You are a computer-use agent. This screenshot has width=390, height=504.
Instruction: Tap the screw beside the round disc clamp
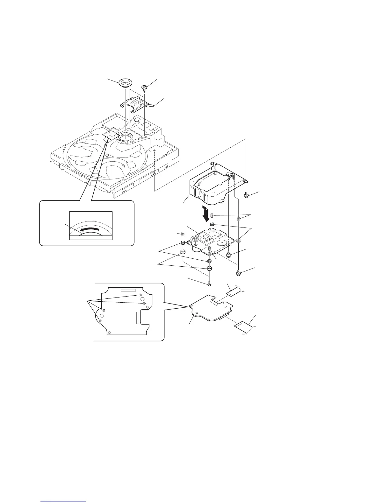click(x=144, y=87)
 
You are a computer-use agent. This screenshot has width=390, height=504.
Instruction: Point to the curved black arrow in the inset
click(x=91, y=229)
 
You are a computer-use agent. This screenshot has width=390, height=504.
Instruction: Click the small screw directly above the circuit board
click(x=210, y=283)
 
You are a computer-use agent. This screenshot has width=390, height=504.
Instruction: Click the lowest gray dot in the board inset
click(x=100, y=321)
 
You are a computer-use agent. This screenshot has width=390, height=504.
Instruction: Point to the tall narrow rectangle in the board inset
click(x=137, y=318)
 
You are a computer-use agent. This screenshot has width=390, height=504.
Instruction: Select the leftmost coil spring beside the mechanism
click(x=183, y=235)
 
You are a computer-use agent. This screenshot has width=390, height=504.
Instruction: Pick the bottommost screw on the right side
click(x=238, y=273)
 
